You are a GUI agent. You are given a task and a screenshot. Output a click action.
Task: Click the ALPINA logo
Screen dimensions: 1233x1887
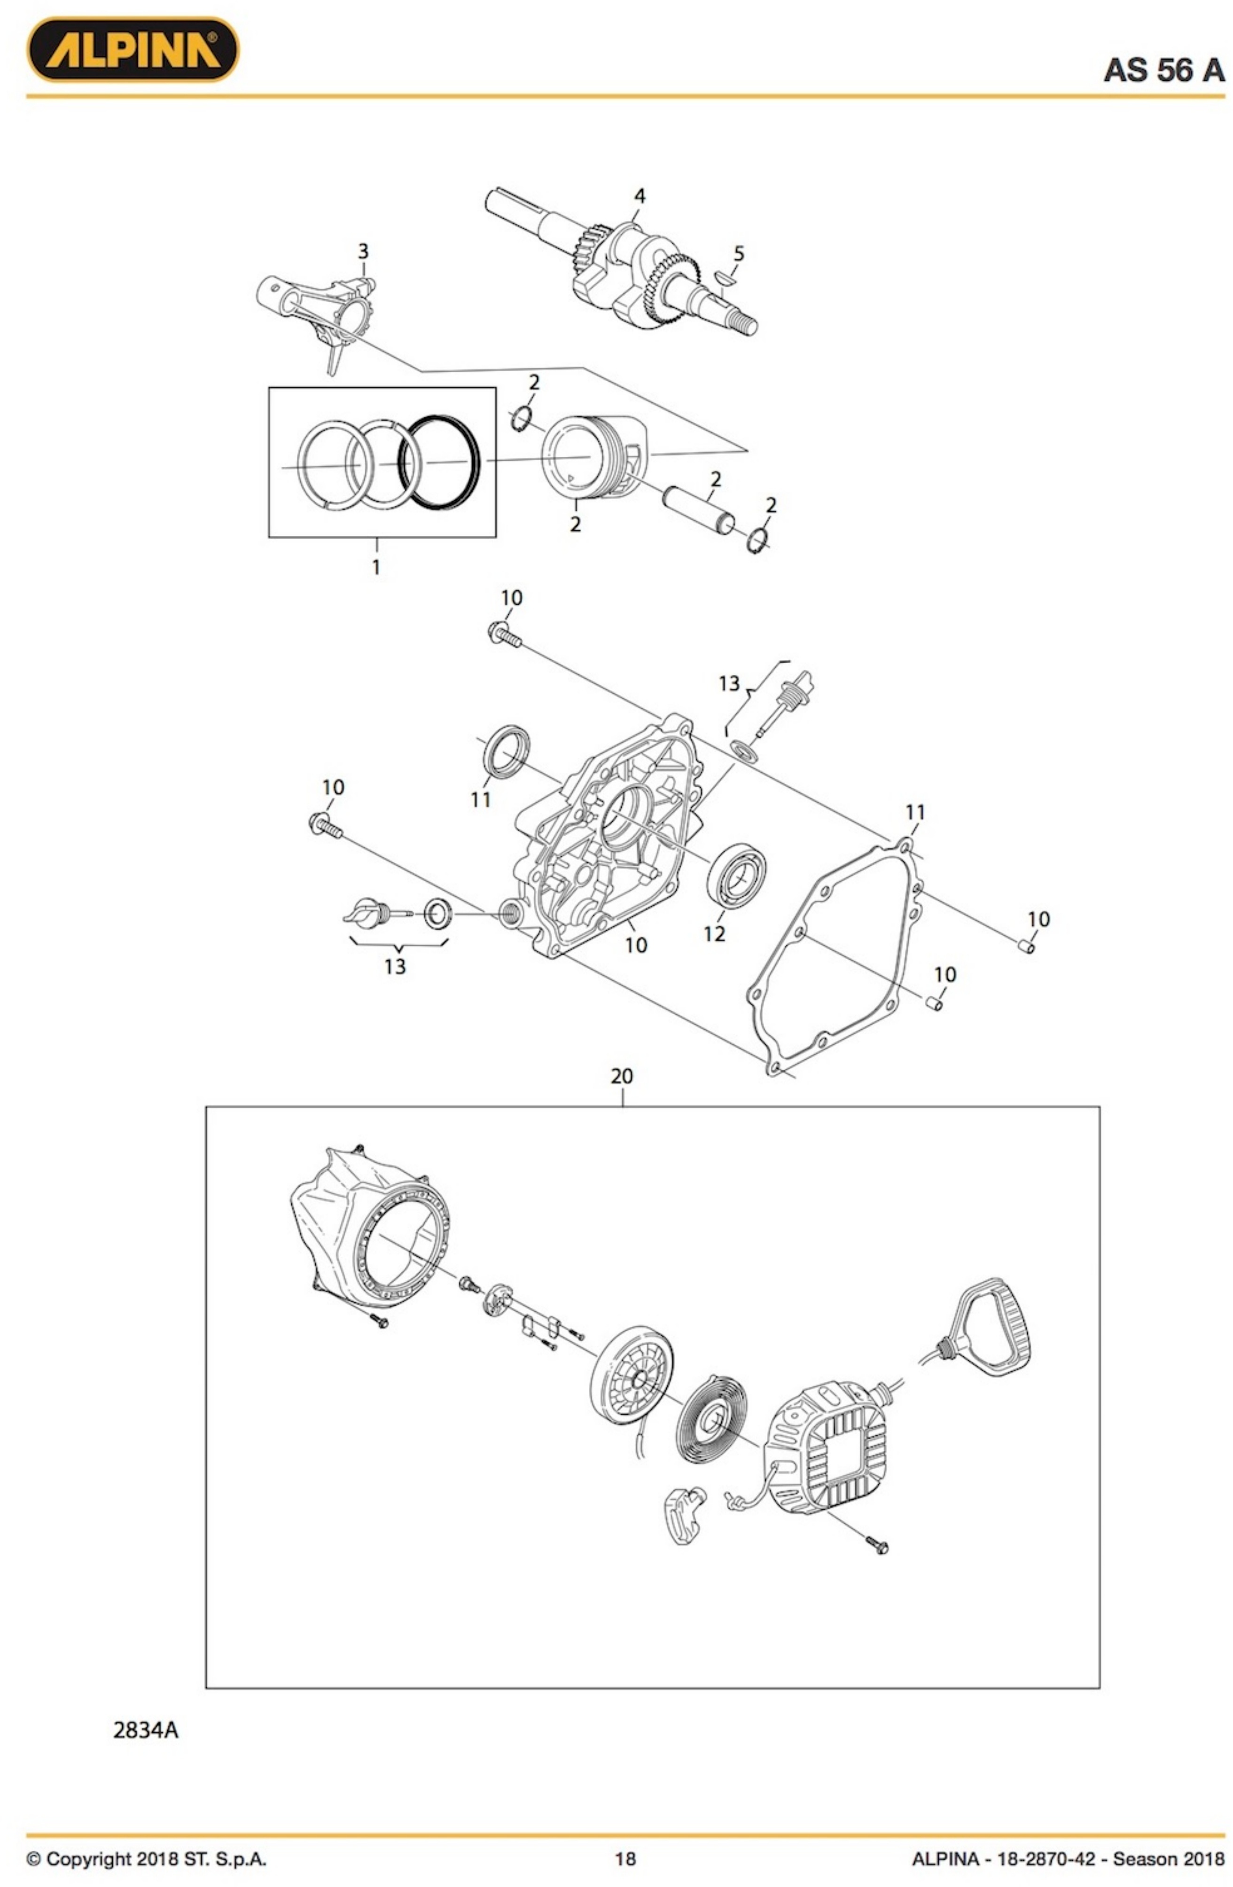133,50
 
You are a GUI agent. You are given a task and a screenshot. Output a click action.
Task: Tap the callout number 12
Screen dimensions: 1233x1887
714,934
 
